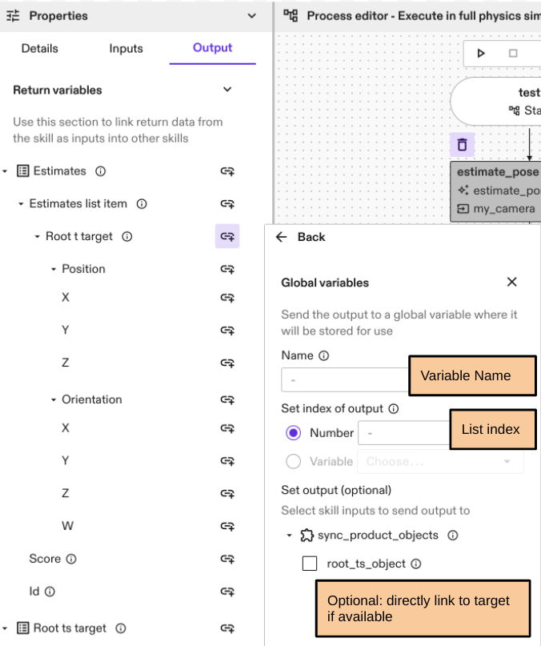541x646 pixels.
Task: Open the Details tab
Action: pos(39,48)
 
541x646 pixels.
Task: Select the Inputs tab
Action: pos(126,48)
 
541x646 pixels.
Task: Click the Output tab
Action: pos(212,48)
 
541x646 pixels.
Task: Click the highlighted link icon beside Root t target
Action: pos(227,236)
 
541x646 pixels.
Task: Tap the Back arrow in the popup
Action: pos(282,237)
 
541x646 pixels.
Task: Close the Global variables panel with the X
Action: pos(512,282)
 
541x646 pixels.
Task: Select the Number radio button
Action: pos(293,433)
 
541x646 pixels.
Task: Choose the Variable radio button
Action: pos(293,461)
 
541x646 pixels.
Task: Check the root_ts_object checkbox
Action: pos(310,564)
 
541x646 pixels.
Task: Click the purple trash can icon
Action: pos(462,145)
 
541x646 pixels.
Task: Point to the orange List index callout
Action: pos(491,429)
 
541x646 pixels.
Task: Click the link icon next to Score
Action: pos(227,559)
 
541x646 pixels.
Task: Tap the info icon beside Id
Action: pos(50,592)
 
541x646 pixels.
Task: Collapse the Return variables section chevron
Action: pos(227,90)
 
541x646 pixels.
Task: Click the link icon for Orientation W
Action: pos(227,526)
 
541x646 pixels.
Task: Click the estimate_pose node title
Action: pos(497,172)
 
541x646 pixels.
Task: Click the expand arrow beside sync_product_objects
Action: pos(289,536)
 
